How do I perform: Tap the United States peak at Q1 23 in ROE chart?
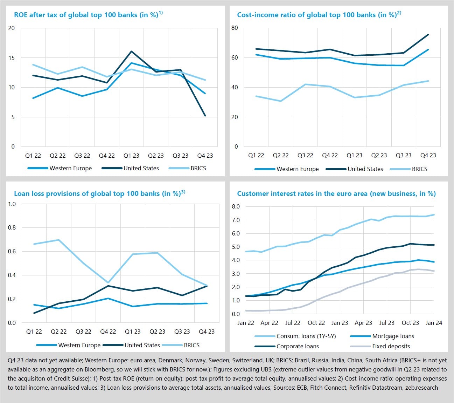[x=131, y=52]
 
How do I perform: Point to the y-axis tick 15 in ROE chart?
[x=12, y=58]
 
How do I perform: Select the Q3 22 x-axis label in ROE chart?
[x=82, y=156]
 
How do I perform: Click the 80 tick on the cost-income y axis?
[x=235, y=28]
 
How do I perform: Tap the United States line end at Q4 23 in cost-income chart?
[x=428, y=35]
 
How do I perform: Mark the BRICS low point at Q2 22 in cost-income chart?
[x=280, y=101]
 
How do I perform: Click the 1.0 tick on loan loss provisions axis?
[x=12, y=204]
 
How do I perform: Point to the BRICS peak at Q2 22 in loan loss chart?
[x=58, y=240]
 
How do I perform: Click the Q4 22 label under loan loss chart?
[x=108, y=332]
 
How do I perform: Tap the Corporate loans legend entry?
[x=298, y=346]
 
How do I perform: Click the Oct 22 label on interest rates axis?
[x=316, y=323]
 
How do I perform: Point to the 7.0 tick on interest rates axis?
[x=236, y=220]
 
